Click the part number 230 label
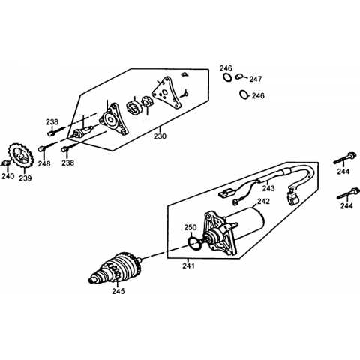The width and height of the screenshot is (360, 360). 160,136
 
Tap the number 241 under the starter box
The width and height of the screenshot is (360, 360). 188,266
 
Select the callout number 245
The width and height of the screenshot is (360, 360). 118,291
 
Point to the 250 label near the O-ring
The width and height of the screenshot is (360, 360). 190,228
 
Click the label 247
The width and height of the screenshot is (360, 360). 256,79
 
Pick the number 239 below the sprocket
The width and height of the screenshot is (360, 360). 25,178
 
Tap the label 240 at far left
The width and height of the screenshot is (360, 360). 8,176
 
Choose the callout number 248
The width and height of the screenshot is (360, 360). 44,163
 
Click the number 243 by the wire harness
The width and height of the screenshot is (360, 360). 268,188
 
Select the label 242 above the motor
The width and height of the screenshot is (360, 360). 264,201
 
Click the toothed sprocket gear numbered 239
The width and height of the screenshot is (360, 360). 20,156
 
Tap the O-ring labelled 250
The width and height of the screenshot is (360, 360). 194,243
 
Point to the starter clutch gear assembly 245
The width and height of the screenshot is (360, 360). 116,268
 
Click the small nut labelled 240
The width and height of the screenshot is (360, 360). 6,163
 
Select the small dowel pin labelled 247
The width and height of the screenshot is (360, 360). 239,76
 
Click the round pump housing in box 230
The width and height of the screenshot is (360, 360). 113,119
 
